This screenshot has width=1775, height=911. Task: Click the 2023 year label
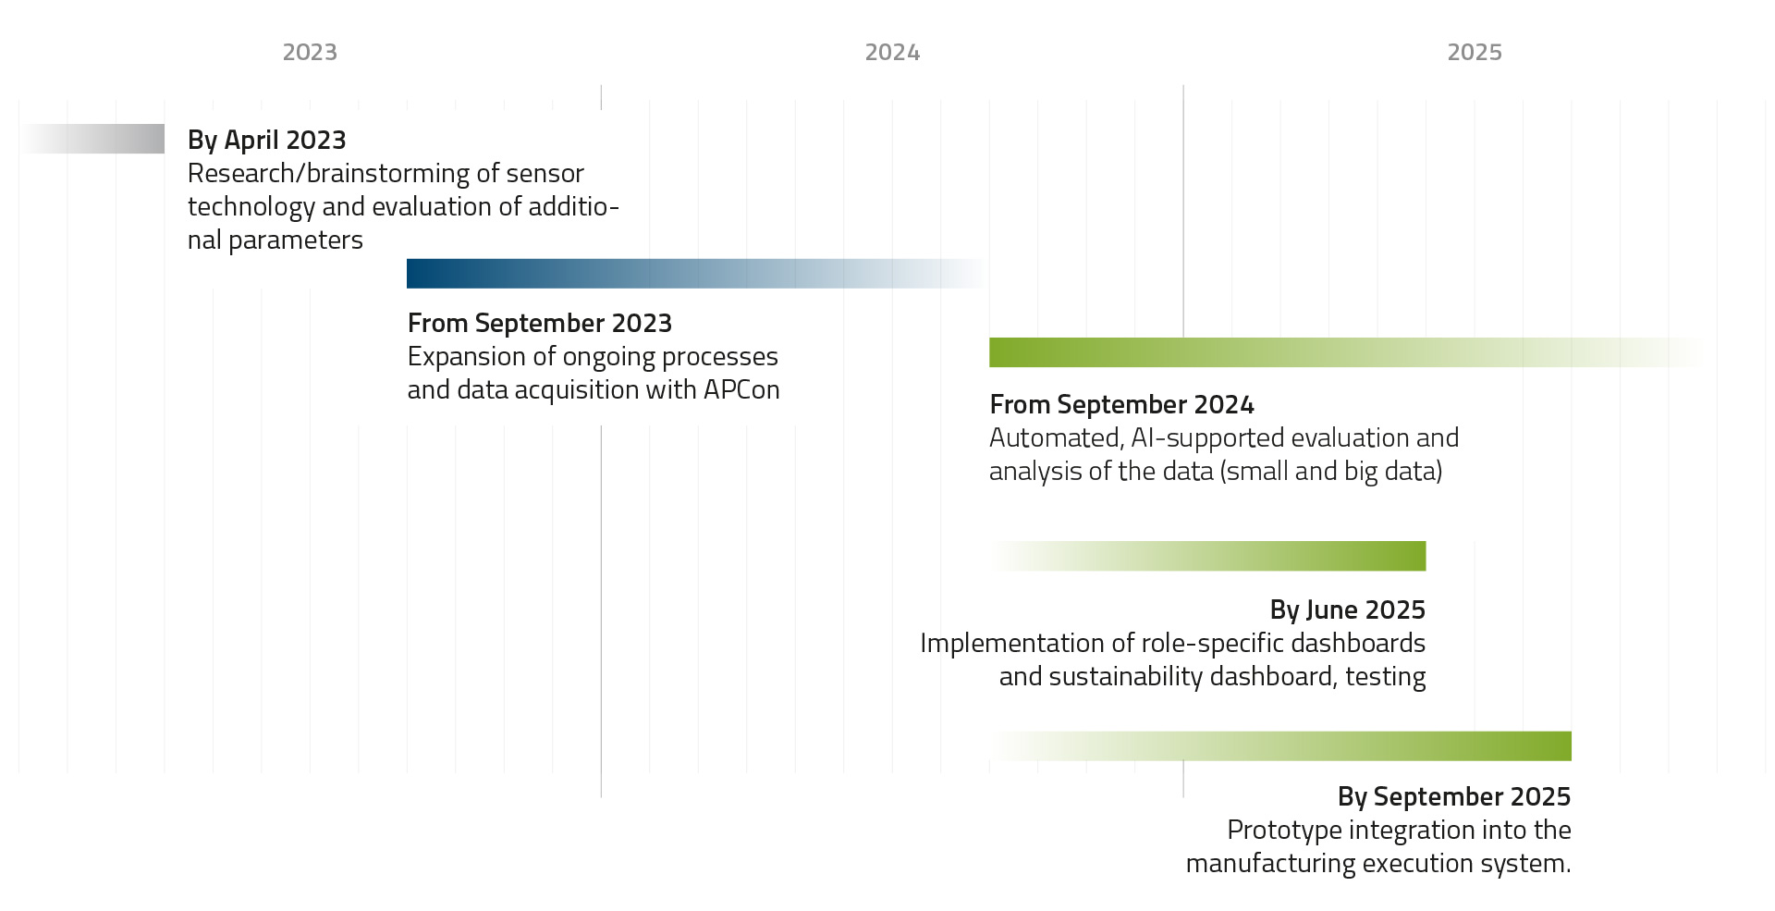310,53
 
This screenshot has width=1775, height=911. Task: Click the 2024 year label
892,53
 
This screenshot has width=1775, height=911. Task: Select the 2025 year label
1475,53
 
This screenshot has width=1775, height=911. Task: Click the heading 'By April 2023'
266,140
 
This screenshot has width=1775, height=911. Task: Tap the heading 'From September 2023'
539,323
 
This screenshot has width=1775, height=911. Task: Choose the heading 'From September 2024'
1121,404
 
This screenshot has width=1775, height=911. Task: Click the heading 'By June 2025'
1347,609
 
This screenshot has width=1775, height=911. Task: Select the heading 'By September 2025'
1453,796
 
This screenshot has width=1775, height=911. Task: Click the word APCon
741,389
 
